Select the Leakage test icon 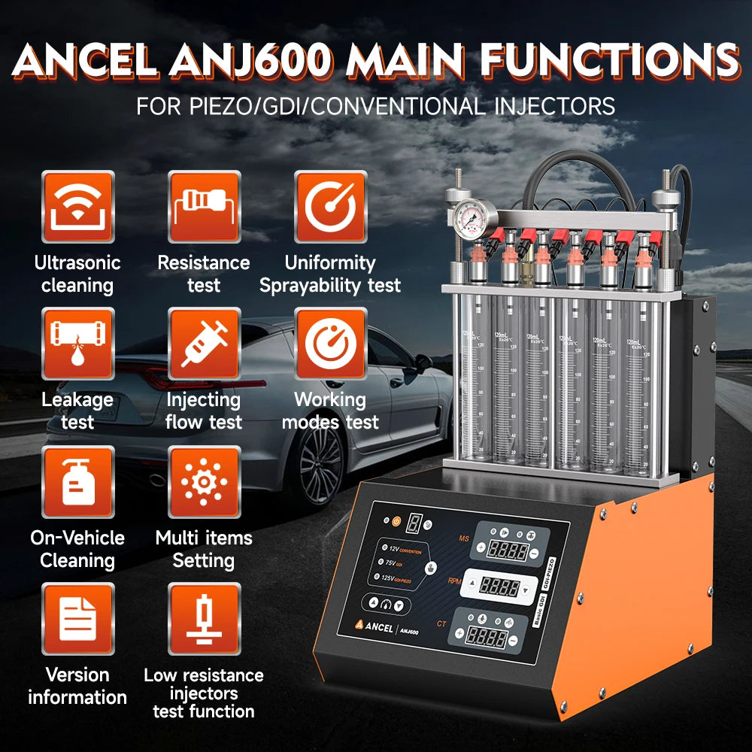(x=77, y=344)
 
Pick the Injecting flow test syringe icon (x=204, y=344)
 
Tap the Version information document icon (x=77, y=619)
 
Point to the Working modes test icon (x=330, y=344)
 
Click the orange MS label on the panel (x=464, y=538)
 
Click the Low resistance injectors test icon (x=204, y=619)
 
